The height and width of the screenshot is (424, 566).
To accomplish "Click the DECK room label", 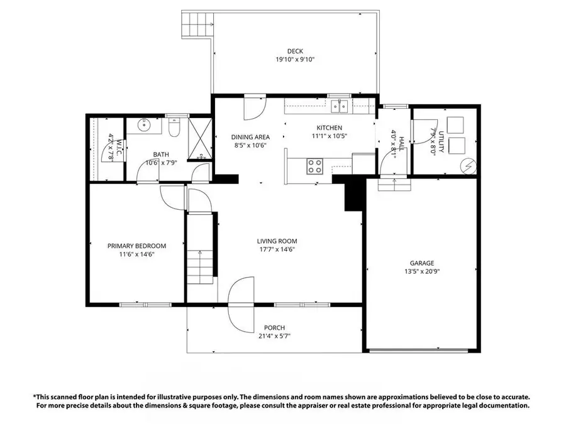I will [295, 52].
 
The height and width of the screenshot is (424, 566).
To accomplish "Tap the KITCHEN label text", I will [329, 128].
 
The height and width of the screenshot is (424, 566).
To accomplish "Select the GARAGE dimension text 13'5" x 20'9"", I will [422, 272].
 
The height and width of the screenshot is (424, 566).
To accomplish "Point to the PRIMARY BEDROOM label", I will [136, 246].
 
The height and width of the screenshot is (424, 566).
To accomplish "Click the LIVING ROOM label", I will [277, 241].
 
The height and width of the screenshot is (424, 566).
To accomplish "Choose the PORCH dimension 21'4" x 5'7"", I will [274, 336].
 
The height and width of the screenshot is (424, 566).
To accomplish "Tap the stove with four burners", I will [314, 166].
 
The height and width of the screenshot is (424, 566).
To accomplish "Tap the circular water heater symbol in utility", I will [469, 166].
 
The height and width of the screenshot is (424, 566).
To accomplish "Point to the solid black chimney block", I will [354, 194].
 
